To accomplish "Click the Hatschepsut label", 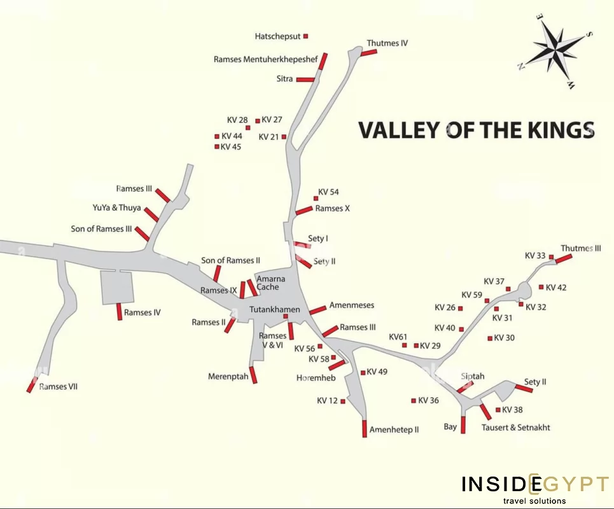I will (278, 36).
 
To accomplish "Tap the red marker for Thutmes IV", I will (369, 52).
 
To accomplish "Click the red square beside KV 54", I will (316, 199).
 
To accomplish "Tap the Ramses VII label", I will (59, 387).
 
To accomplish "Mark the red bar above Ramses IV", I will (119, 312).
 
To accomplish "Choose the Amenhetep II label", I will (394, 429).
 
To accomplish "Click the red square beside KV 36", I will (413, 400).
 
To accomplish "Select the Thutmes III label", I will (580, 248).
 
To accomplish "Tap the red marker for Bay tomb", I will (463, 424).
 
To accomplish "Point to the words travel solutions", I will (534, 501).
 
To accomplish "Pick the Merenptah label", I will (228, 377).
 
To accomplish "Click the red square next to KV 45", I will (217, 147).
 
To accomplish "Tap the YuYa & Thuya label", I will (116, 207).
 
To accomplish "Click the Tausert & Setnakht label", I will (515, 428).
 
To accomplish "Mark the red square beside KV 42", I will (541, 287).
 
